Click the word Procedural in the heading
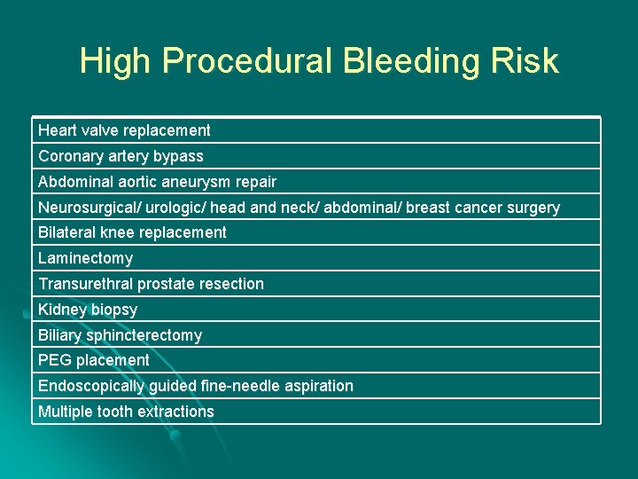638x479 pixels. click(245, 61)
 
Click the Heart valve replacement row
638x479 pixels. click(124, 130)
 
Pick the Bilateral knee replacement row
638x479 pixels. click(132, 232)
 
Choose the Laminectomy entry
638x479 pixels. click(85, 258)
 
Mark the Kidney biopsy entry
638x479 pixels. click(88, 310)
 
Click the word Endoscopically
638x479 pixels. click(91, 386)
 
